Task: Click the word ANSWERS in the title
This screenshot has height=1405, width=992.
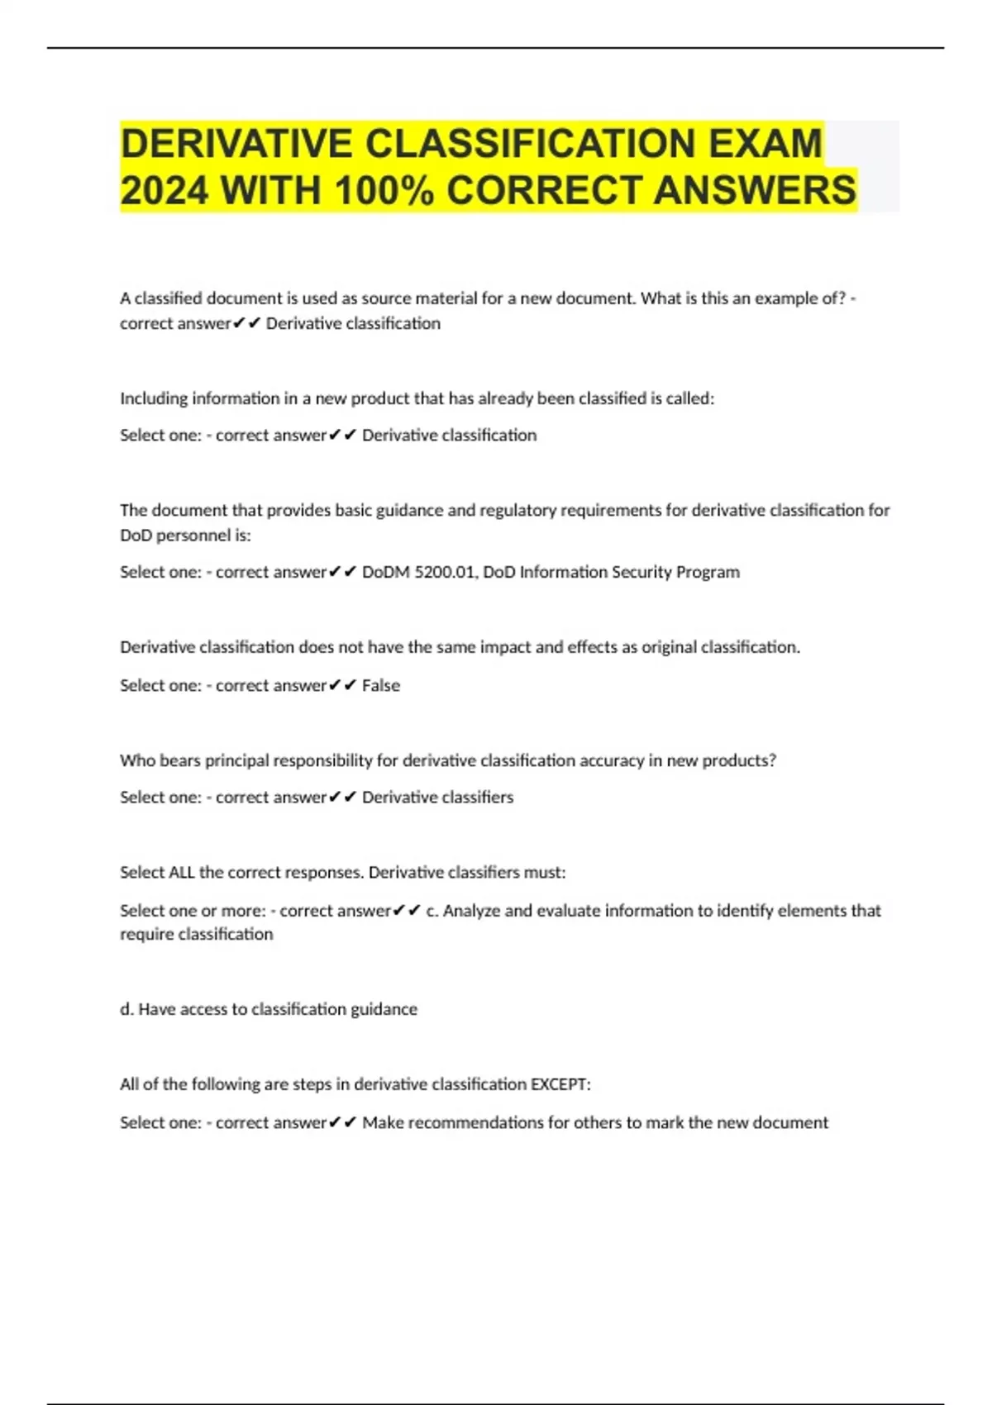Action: pos(755,191)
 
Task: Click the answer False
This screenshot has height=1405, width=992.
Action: pos(381,685)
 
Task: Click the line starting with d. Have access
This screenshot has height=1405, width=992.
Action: pos(269,1009)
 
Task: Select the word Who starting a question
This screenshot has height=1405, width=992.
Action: pos(137,760)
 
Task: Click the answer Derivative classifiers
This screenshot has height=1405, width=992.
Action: pos(437,798)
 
